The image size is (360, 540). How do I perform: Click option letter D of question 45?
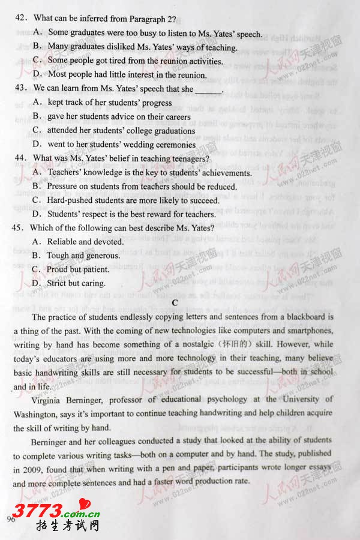[x=37, y=283]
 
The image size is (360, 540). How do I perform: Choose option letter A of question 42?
[x=37, y=32]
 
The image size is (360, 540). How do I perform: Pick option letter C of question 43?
[x=37, y=130]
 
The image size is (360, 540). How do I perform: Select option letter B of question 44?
[x=37, y=186]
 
